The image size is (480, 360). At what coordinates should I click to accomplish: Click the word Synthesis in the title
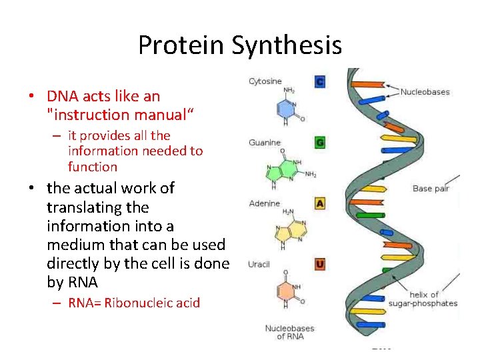click(287, 45)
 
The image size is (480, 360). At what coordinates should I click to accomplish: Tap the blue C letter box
click(320, 82)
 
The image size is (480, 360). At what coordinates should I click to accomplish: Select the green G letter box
click(320, 142)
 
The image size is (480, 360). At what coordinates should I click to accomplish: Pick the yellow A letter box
click(320, 203)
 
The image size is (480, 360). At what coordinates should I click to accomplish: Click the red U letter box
click(320, 264)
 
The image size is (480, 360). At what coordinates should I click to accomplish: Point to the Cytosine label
click(265, 81)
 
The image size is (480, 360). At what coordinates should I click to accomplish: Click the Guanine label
click(265, 142)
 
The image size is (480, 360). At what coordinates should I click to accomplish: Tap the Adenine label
click(264, 203)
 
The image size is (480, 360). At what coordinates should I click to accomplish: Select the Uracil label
click(259, 264)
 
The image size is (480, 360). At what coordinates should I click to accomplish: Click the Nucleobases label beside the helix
click(425, 92)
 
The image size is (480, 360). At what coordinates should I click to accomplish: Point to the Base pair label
click(431, 189)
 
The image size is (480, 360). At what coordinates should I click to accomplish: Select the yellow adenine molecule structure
click(287, 231)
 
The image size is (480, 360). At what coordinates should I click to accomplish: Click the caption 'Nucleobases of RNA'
click(289, 332)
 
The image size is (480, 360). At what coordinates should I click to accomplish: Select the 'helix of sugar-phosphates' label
click(433, 299)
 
